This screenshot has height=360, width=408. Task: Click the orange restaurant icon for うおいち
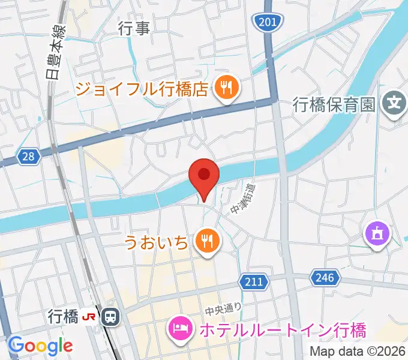point(208,241)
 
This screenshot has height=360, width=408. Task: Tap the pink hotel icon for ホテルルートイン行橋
point(181,328)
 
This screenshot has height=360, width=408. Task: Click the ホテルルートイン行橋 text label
point(282,330)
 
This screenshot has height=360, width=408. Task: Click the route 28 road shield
point(29,157)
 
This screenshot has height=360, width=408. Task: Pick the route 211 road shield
point(251,281)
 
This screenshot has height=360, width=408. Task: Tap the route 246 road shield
point(325,277)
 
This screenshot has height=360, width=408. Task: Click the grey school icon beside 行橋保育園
point(394,103)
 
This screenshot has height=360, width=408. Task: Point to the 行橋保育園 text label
point(334,104)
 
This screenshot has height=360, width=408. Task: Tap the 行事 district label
point(134,28)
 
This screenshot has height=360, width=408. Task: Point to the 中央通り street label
point(224,310)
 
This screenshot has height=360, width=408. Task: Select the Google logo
point(40,346)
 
